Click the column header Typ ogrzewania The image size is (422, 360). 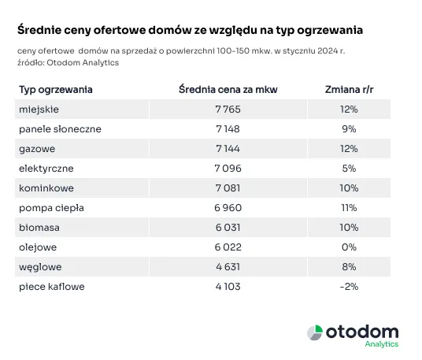55,89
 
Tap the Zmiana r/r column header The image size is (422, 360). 350,89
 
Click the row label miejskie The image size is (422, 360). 39,109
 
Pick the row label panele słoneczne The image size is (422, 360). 60,128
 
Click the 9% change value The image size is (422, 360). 350,128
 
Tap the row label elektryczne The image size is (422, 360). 46,168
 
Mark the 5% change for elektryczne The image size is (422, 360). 350,168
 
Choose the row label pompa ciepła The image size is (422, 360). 51,208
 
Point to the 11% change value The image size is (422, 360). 350,208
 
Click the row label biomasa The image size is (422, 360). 38,228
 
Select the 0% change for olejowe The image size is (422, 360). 350,247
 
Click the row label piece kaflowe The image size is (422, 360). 51,287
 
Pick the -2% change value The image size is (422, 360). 349,287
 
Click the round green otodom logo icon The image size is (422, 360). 314,332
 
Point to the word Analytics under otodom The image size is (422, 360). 383,344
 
